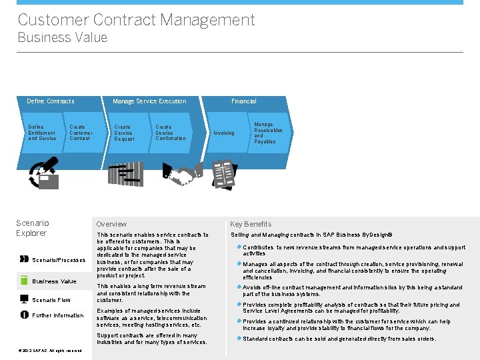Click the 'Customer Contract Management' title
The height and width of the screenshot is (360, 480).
[x=136, y=19]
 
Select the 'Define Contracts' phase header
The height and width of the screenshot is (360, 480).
[x=51, y=101]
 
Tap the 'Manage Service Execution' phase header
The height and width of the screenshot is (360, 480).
[x=149, y=101]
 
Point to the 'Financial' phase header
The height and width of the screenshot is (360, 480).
[x=243, y=101]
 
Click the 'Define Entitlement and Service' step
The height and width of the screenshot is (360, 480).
[x=41, y=133]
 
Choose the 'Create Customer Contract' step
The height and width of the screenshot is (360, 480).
[x=81, y=133]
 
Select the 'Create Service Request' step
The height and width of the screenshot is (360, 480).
[x=124, y=133]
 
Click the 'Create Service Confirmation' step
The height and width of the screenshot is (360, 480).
[x=170, y=133]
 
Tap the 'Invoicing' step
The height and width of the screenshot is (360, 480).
[x=223, y=133]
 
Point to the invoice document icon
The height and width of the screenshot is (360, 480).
[x=223, y=173]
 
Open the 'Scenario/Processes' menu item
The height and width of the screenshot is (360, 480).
[x=59, y=260]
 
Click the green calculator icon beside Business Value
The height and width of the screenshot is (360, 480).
[x=25, y=281]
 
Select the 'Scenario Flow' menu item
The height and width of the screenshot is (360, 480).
[x=51, y=300]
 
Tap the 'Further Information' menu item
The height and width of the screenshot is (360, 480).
[x=58, y=315]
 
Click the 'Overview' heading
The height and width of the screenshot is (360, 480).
[x=111, y=224]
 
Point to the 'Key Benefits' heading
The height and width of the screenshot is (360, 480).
[x=251, y=224]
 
